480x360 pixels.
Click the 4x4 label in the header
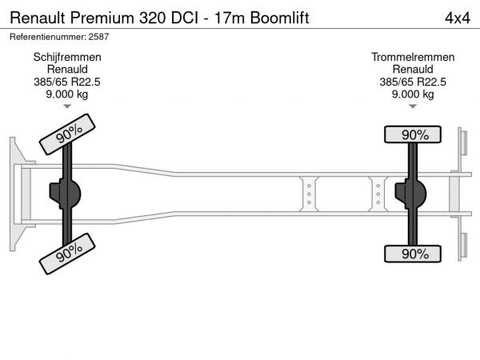(x=458, y=18)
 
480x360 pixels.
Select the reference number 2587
(x=98, y=37)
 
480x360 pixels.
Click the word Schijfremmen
(x=67, y=58)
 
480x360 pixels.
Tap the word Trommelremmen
(x=413, y=58)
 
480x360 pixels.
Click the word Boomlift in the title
(x=279, y=18)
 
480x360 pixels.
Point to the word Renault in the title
(x=38, y=18)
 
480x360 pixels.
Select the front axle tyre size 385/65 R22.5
(x=67, y=82)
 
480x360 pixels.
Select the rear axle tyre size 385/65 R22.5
(x=413, y=82)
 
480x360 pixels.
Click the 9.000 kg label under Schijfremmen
(x=67, y=94)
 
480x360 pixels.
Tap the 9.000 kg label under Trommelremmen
(x=413, y=94)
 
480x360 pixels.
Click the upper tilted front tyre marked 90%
(x=67, y=134)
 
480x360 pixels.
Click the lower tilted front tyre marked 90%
(x=67, y=254)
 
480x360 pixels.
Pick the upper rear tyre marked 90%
(x=413, y=134)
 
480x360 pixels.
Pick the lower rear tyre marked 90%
(x=413, y=254)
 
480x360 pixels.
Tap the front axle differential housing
(x=66, y=194)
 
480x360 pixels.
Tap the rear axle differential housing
(x=411, y=194)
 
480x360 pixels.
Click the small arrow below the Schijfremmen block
(x=67, y=106)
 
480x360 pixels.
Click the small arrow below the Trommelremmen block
(x=413, y=106)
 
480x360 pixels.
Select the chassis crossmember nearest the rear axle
(x=378, y=194)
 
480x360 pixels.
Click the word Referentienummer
(x=48, y=37)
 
